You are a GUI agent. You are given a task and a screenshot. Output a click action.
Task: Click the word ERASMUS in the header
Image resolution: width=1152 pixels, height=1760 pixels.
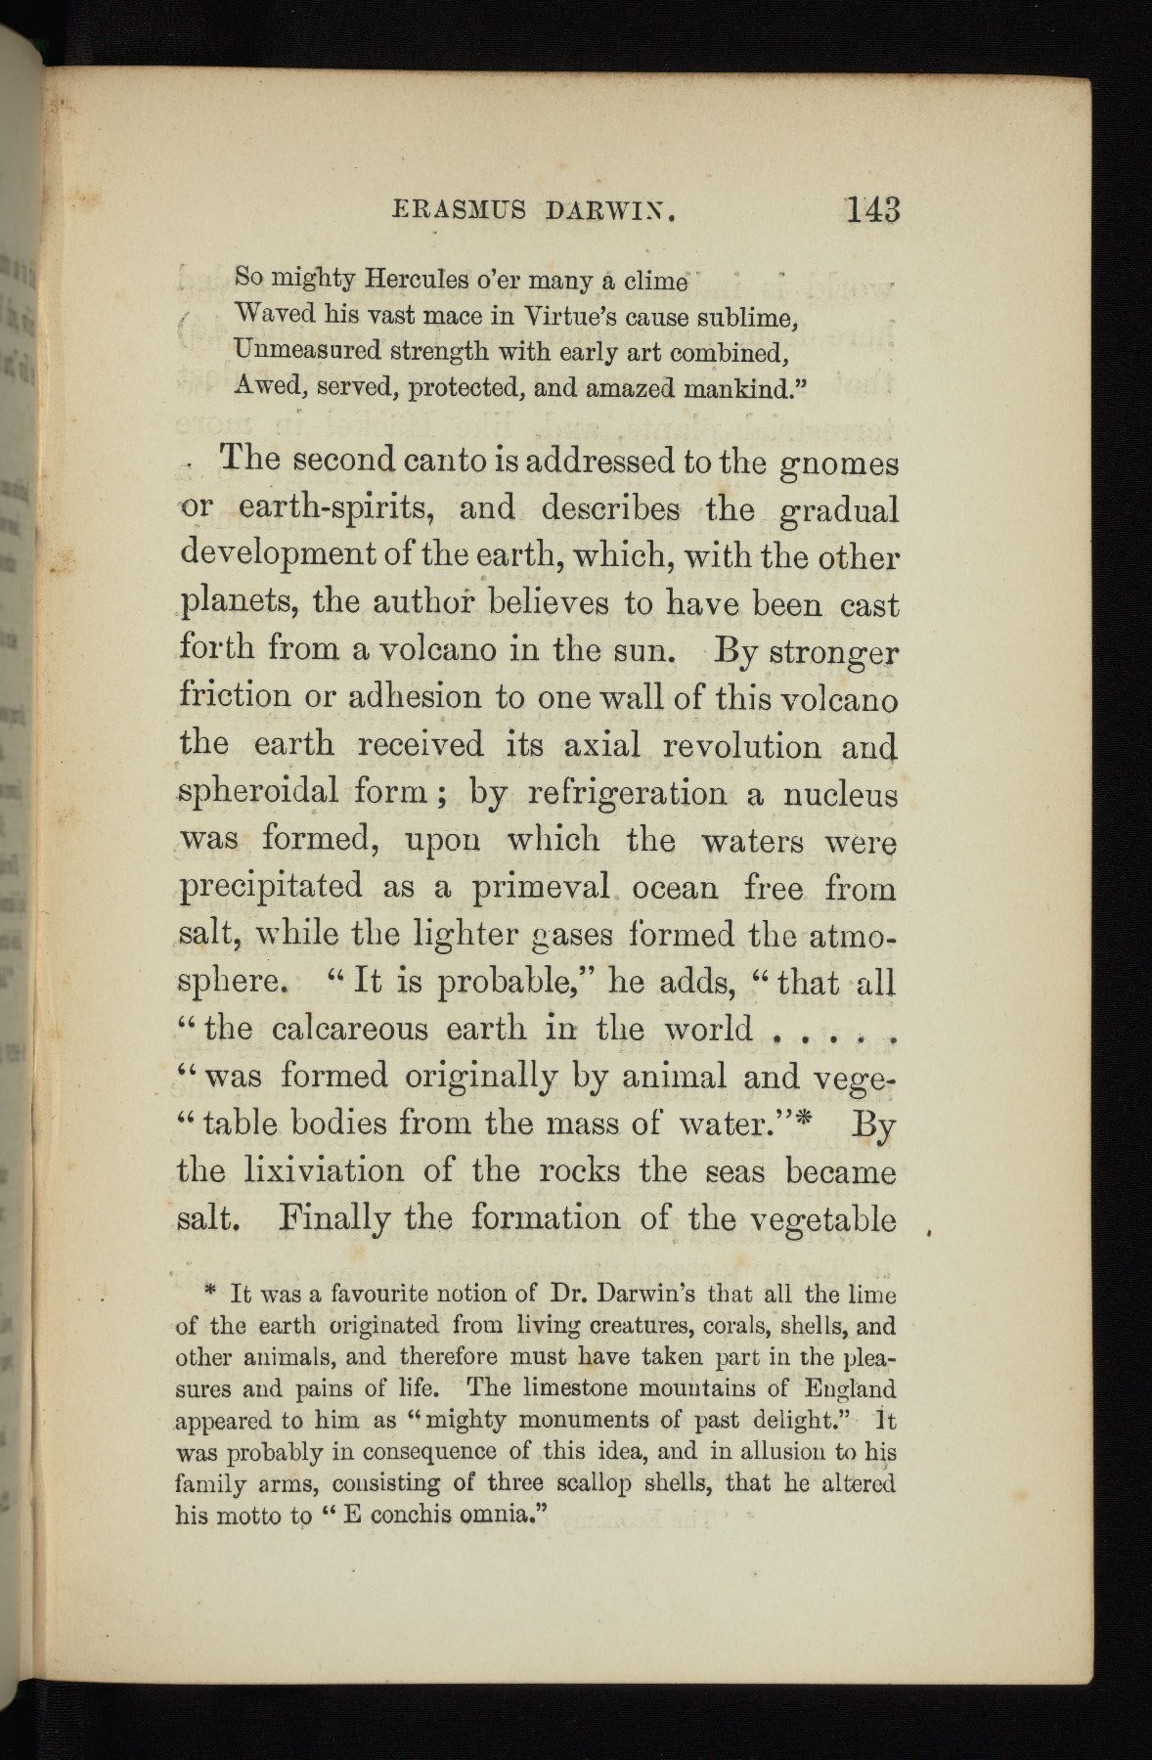(459, 210)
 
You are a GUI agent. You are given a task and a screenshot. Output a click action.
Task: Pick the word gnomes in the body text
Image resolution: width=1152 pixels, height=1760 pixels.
(838, 462)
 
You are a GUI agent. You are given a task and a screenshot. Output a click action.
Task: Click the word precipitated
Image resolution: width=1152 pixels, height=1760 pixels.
(272, 887)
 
